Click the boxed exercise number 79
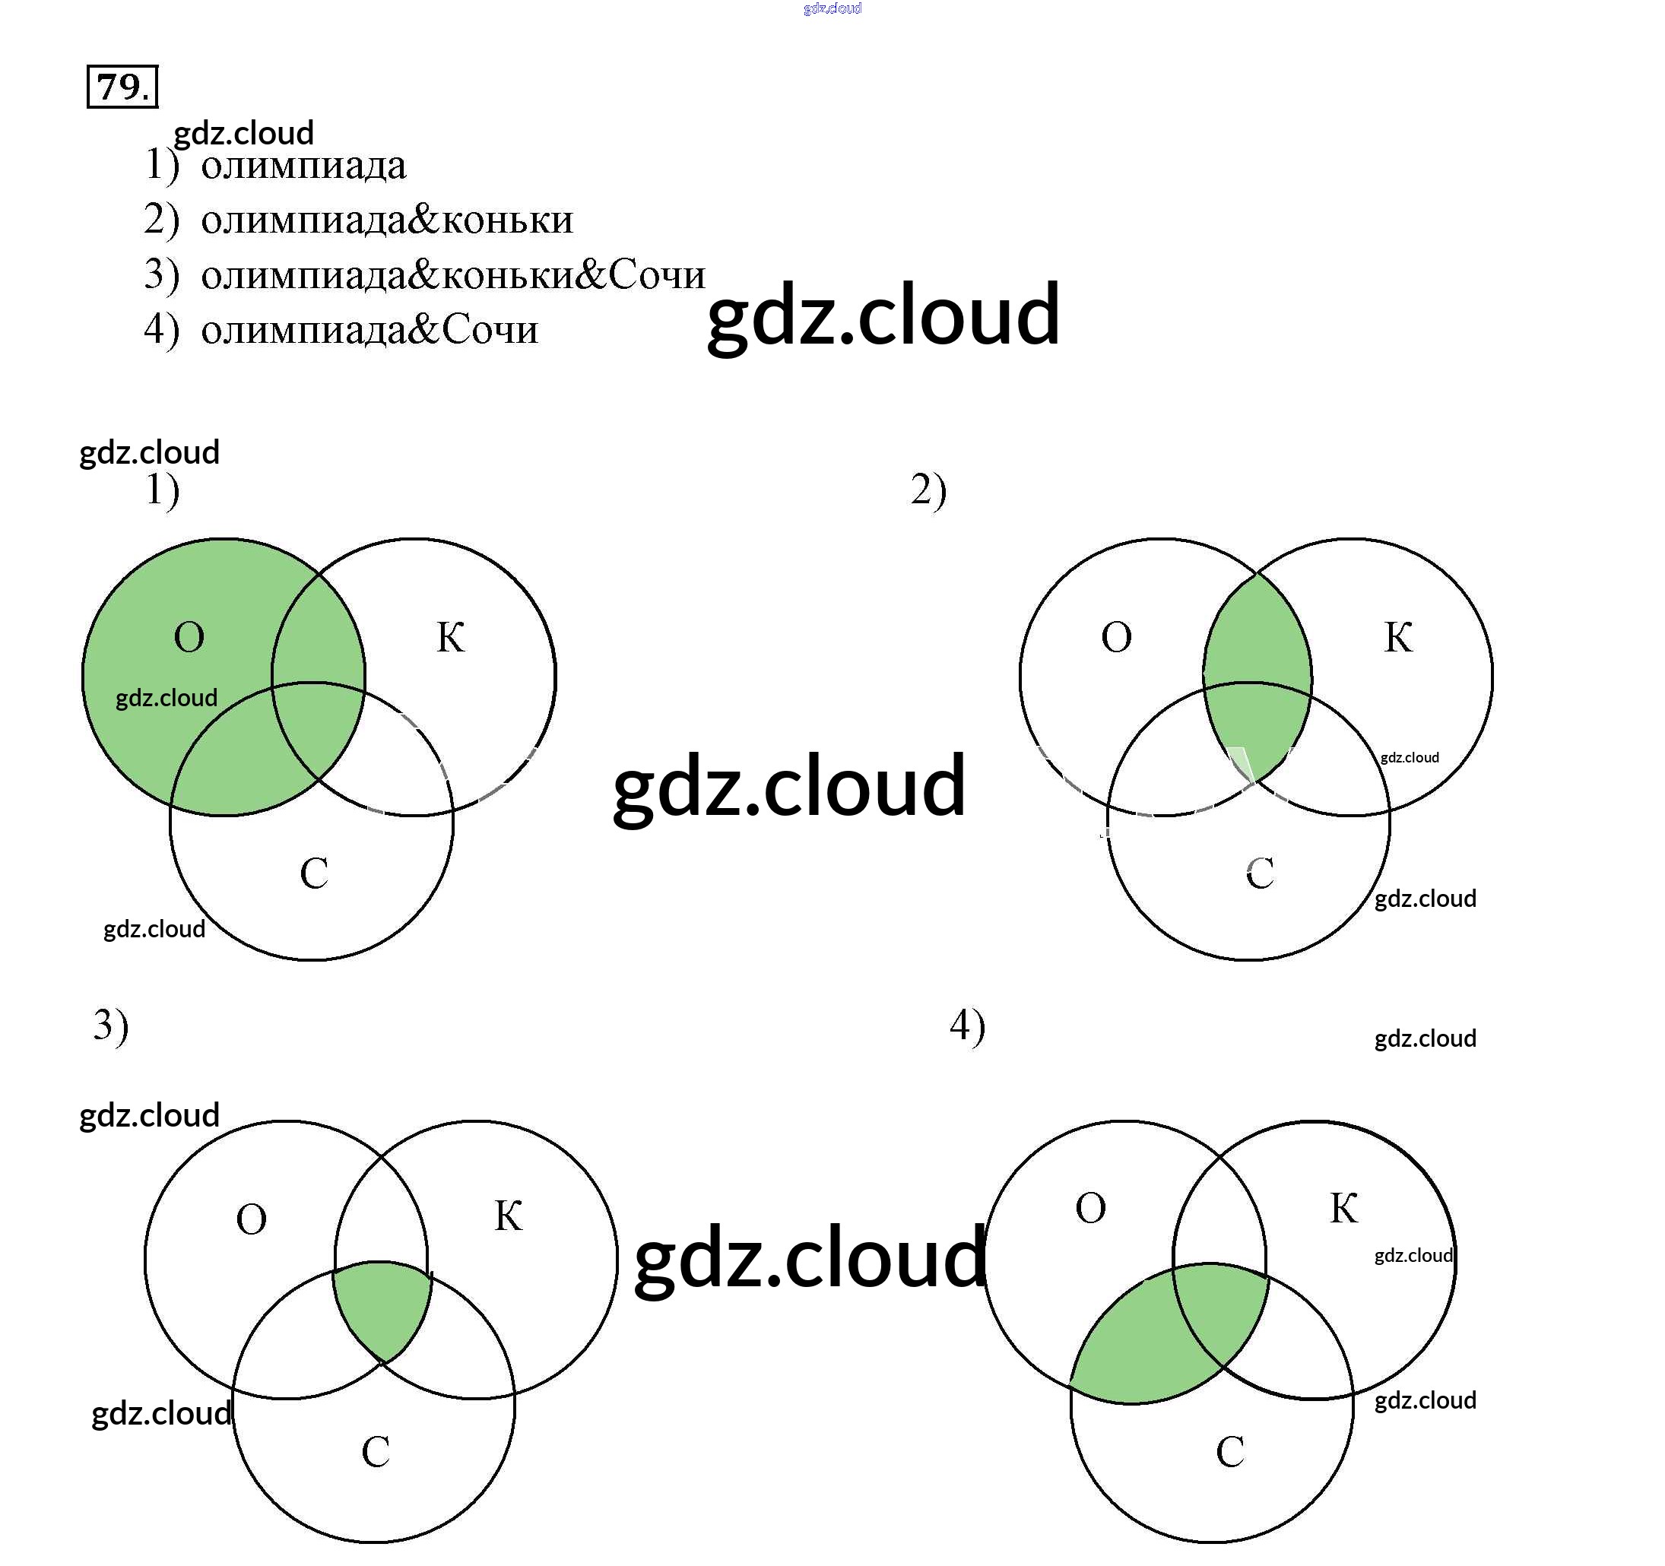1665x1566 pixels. [122, 86]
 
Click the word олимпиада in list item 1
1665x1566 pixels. [303, 165]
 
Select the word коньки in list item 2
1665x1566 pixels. [508, 220]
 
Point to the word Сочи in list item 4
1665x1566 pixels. [489, 330]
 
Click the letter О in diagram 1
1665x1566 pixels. [189, 638]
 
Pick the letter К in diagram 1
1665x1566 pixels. [451, 638]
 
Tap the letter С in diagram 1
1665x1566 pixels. [314, 874]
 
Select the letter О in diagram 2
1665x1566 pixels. [1115, 638]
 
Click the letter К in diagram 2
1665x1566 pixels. [1398, 638]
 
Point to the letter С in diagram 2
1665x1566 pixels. [1260, 874]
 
